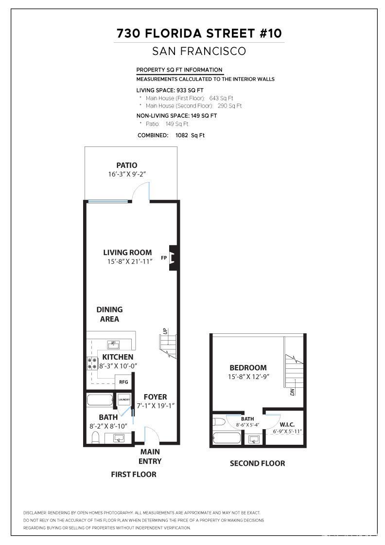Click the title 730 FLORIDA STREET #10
pyautogui.click(x=199, y=33)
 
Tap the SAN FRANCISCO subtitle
pyautogui.click(x=199, y=51)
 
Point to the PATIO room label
pyautogui.click(x=126, y=165)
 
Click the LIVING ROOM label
pyautogui.click(x=127, y=253)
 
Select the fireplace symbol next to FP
pyautogui.click(x=173, y=257)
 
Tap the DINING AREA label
pyautogui.click(x=109, y=314)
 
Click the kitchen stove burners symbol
pyautogui.click(x=92, y=363)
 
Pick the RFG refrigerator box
pyautogui.click(x=123, y=382)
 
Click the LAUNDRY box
pyautogui.click(x=124, y=400)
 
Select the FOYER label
pyautogui.click(x=155, y=397)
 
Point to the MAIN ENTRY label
pyautogui.click(x=150, y=456)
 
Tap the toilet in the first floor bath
pyautogui.click(x=95, y=437)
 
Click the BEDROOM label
pyautogui.click(x=248, y=368)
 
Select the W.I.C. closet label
pyautogui.click(x=287, y=424)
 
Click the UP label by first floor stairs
pyautogui.click(x=165, y=331)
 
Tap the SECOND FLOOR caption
pyautogui.click(x=257, y=463)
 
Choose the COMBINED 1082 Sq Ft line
pyautogui.click(x=171, y=135)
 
